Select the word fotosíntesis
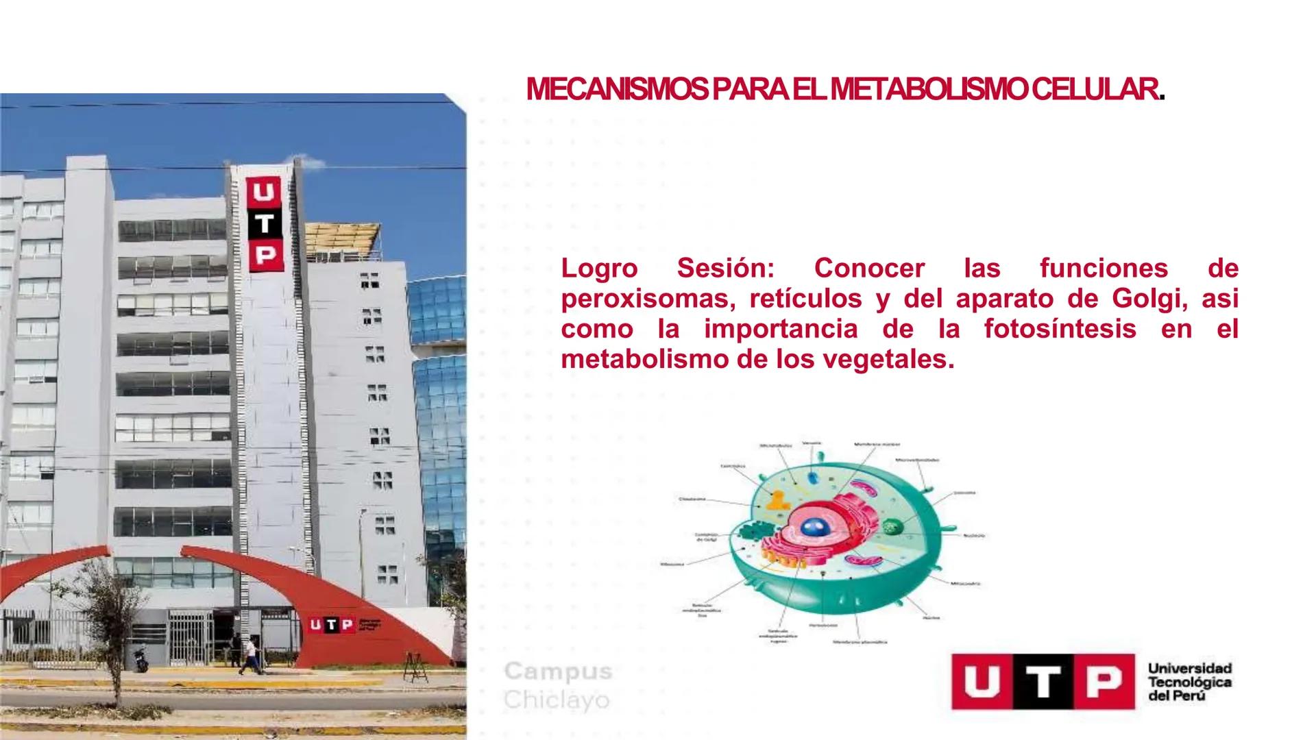[x=1060, y=330]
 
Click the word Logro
[x=599, y=269]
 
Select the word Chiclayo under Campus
[x=557, y=700]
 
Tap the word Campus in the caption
[x=558, y=671]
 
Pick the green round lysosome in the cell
[x=892, y=527]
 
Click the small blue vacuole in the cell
[x=812, y=478]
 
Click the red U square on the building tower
[x=264, y=191]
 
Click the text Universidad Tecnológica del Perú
[x=1189, y=682]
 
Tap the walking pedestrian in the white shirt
[x=249, y=654]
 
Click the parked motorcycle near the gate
[x=141, y=659]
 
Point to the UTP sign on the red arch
[x=332, y=624]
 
